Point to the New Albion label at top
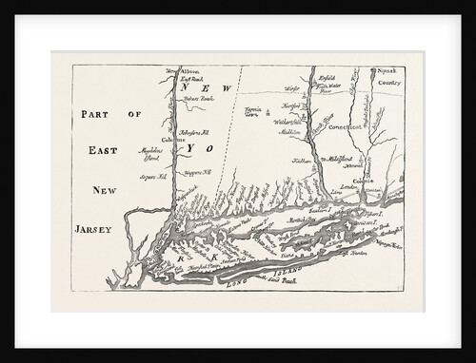click(x=182, y=73)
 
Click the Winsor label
click(x=293, y=89)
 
